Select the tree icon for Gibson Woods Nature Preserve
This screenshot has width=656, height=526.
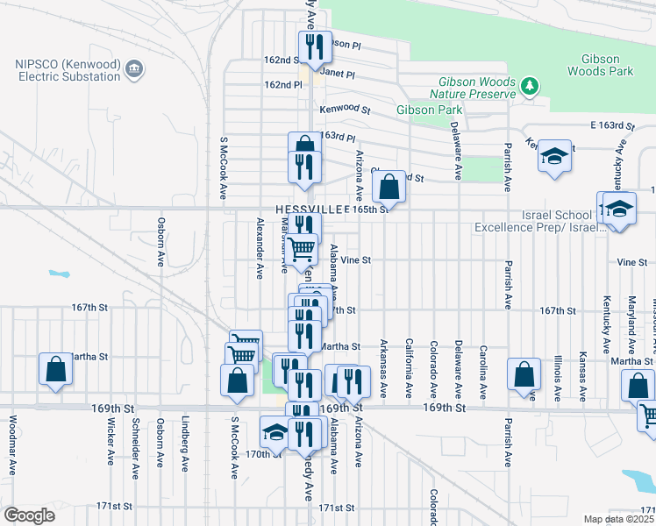(529, 86)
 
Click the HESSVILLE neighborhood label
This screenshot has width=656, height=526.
(308, 210)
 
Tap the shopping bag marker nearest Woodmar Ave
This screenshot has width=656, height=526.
(55, 370)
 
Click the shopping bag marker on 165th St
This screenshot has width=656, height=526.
(389, 187)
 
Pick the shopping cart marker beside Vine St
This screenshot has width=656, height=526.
(302, 250)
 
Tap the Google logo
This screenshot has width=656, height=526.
(29, 515)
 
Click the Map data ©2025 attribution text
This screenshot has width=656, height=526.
(618, 519)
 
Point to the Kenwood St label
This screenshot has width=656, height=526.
(345, 110)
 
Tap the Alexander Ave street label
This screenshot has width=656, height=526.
(260, 248)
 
